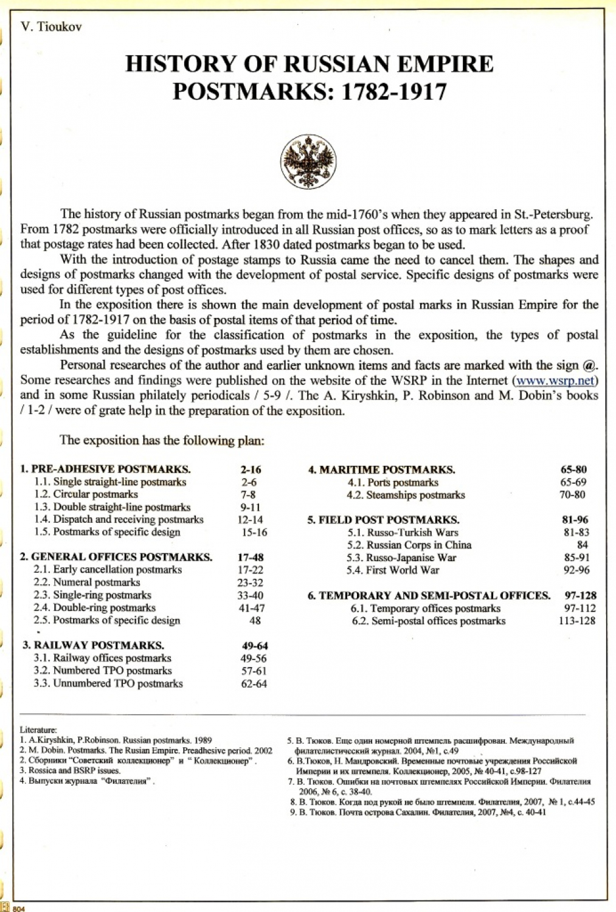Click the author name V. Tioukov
point(51,27)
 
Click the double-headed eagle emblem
point(308,162)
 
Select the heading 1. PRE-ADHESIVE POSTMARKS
point(105,469)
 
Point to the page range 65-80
point(573,469)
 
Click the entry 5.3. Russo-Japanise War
point(401,558)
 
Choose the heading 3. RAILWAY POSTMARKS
point(93,645)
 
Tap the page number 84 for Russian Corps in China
point(582,545)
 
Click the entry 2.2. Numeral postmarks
point(86,582)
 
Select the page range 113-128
point(576,621)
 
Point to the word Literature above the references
point(38,730)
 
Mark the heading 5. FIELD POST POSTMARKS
point(383,520)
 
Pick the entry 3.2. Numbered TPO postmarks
point(103,671)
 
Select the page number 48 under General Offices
point(255,620)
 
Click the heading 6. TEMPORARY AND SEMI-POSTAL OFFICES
point(429,595)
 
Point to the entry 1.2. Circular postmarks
point(86,494)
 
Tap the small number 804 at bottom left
point(19,908)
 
